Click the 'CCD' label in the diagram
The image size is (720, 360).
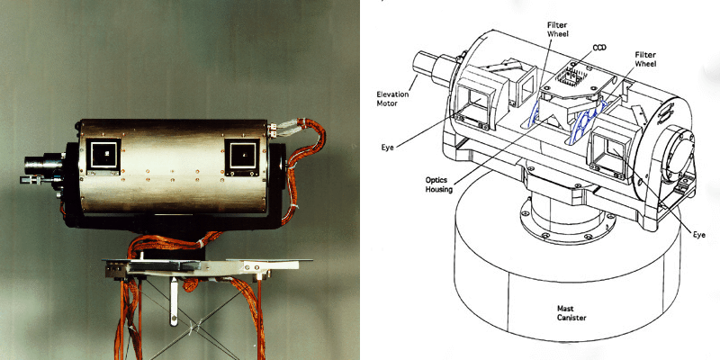tap(598, 48)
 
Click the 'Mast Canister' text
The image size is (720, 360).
tap(571, 313)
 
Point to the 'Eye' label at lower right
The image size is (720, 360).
tap(699, 235)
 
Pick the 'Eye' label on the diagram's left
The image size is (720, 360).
tap(388, 148)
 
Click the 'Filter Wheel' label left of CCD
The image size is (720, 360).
tap(558, 30)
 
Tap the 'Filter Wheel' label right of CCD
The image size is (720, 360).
tap(645, 59)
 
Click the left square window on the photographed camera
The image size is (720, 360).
tap(103, 154)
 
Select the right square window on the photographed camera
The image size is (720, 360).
tap(242, 155)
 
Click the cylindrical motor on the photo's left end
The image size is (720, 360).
tap(44, 164)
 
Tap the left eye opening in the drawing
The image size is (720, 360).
tap(479, 101)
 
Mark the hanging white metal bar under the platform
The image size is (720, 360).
tap(174, 301)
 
